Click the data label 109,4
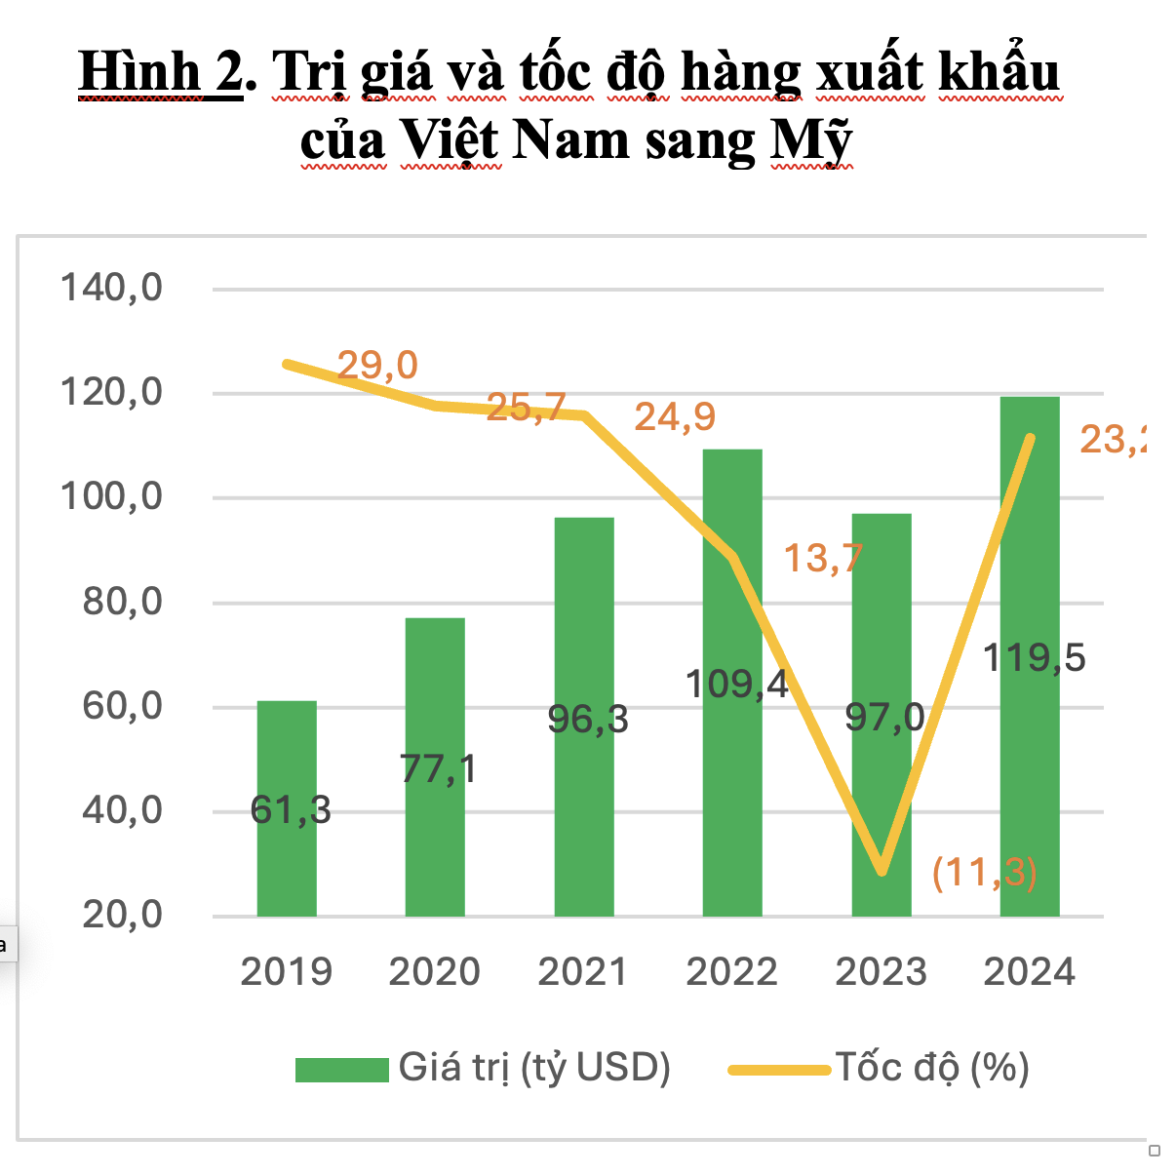coord(736,684)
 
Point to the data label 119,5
coord(1034,658)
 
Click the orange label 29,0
coord(377,366)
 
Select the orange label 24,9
coord(675,417)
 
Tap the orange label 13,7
coord(823,558)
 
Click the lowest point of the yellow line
coord(882,870)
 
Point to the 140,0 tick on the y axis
coord(112,289)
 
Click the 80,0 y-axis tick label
coord(122,602)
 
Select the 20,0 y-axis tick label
coord(122,915)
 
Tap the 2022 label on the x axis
coord(731,972)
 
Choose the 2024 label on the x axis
coord(1029,972)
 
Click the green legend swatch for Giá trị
coord(342,1070)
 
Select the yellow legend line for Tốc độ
coord(779,1070)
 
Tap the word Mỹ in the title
coord(811,141)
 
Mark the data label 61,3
coord(291,810)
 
